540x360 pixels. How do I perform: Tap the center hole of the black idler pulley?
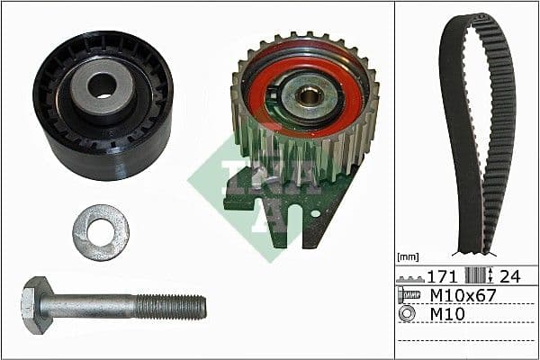pos(101,86)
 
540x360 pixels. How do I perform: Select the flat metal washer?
pos(101,231)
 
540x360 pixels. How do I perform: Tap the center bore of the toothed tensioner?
pos(309,94)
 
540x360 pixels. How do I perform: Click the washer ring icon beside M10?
pos(407,314)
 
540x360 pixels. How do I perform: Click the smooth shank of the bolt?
pos(90,306)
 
